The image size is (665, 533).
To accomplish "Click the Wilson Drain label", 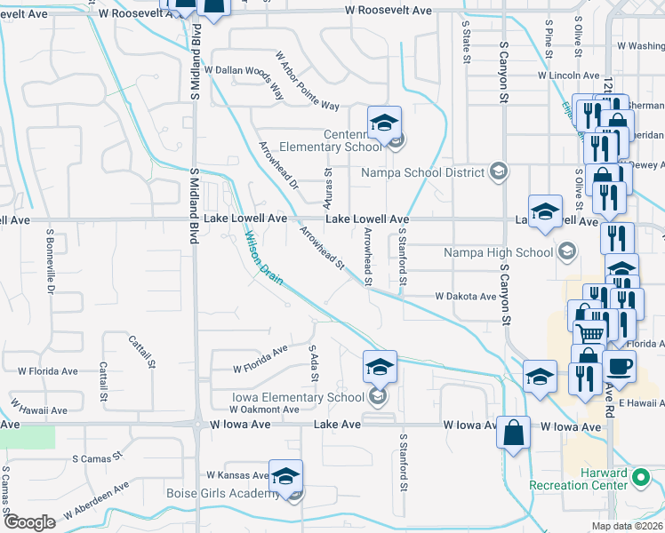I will (x=264, y=259).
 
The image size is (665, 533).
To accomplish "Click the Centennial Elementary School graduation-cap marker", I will (x=385, y=123).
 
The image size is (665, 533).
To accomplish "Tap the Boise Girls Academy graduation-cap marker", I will (x=285, y=476).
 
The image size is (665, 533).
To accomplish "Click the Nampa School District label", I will (x=422, y=171).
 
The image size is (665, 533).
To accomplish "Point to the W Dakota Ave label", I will (x=465, y=296).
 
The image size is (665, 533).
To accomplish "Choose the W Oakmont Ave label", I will (x=264, y=410).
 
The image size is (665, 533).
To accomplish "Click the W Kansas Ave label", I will (x=237, y=475).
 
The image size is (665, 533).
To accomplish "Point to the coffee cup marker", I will (x=619, y=366).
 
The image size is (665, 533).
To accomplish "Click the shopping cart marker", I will (x=589, y=334).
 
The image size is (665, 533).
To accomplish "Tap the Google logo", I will (x=29, y=522).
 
